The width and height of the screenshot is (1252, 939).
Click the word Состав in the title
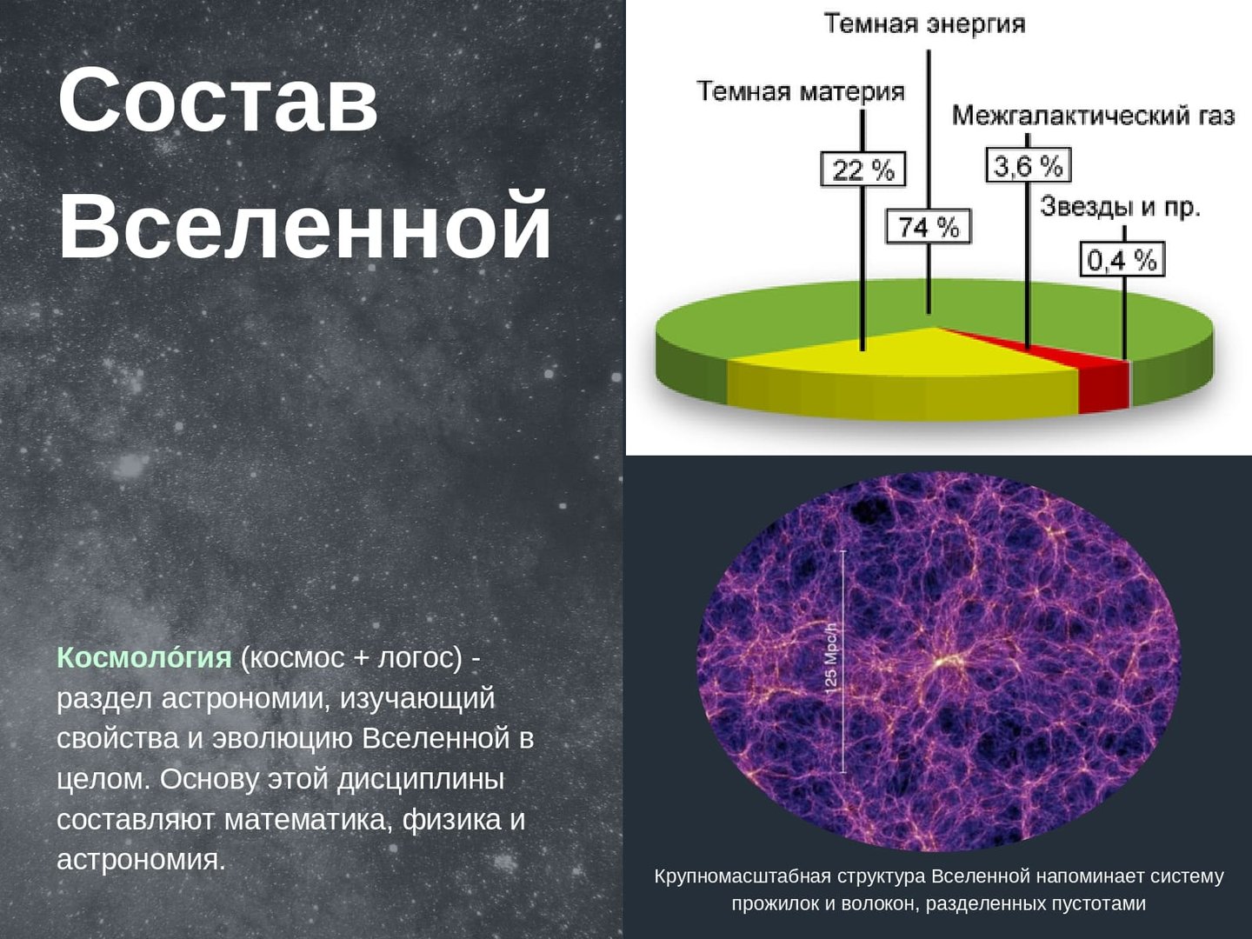tap(218, 100)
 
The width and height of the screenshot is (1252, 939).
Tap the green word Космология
tap(144, 657)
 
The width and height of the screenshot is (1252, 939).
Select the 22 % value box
tap(863, 170)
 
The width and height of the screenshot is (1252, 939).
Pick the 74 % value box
tap(928, 226)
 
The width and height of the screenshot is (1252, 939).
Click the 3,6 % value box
tap(1029, 165)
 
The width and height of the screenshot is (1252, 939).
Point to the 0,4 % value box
tap(1122, 259)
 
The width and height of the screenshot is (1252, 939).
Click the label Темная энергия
tap(924, 24)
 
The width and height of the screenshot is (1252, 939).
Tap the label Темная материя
tap(801, 91)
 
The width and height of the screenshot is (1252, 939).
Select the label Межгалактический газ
tap(1094, 116)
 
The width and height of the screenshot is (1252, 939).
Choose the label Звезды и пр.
tap(1120, 206)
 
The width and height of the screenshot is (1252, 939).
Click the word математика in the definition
tap(309, 820)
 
